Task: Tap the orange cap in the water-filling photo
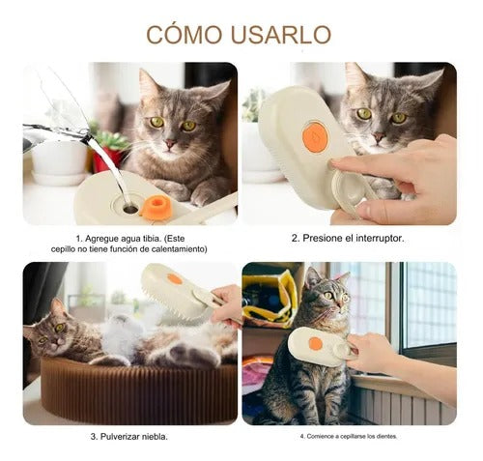tap(156, 207)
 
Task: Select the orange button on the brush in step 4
tap(315, 343)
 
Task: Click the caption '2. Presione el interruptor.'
tap(349, 238)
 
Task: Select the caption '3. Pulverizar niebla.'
tap(130, 436)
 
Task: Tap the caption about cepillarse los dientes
tap(349, 436)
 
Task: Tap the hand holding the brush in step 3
tap(228, 307)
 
